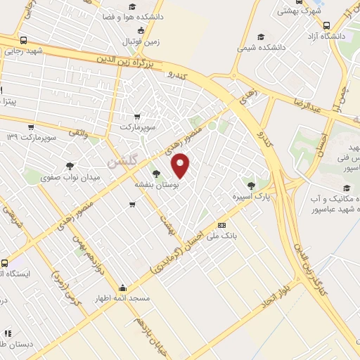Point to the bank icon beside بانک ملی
tap(222, 226)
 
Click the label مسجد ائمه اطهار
tap(124, 299)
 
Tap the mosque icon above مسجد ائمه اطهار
tap(123, 288)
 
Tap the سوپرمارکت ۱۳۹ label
tap(31, 135)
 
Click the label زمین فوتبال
tap(143, 41)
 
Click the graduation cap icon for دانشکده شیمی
tap(261, 37)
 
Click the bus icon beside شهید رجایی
tap(24, 40)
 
